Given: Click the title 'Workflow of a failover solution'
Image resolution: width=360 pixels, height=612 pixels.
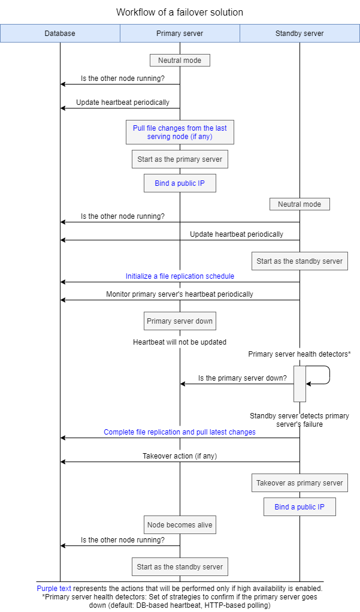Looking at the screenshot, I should coord(180,12).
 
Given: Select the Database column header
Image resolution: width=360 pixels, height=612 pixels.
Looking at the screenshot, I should coord(60,34).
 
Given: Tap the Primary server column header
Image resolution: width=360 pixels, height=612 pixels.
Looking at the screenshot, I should coord(180,34).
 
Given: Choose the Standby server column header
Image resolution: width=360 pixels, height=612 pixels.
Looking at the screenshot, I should coord(300,34).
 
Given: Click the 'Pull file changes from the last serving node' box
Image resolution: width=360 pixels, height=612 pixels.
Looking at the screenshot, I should coord(180,132).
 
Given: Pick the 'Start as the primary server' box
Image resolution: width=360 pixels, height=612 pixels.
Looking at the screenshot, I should coord(180,159).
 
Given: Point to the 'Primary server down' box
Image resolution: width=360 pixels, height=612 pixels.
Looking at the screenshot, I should coord(180,321).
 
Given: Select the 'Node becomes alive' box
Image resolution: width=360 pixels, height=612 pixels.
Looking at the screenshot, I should coord(180,525).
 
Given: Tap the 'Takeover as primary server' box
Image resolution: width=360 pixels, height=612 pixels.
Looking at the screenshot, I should coord(300,483).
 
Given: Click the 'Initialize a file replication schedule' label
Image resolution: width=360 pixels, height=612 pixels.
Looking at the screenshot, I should coord(180,276).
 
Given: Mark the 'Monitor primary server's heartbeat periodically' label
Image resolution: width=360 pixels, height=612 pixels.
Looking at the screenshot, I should coord(180,294).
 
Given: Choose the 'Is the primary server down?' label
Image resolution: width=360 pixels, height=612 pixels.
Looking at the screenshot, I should coord(242,378).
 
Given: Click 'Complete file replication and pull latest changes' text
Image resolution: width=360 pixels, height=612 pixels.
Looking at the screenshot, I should coord(180,432).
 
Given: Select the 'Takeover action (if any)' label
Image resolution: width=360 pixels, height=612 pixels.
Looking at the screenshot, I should coord(180,456).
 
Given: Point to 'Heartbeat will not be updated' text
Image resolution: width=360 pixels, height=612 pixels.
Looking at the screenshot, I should coord(180,342).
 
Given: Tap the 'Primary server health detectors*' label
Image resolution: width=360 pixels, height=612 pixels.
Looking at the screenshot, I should coord(300,354).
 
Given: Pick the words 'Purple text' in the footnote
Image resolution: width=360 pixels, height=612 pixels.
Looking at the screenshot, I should coord(54,588).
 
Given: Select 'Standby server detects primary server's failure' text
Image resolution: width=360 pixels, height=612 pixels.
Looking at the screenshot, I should coord(300,420).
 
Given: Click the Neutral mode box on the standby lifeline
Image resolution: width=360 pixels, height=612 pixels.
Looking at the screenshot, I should coord(300,204).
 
